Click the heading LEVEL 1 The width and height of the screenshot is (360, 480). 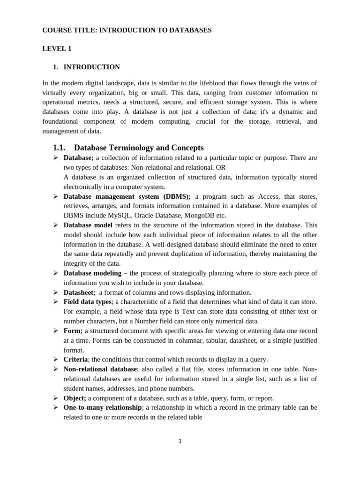pyautogui.click(x=57, y=48)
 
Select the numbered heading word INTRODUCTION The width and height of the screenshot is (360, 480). pyautogui.click(x=91, y=67)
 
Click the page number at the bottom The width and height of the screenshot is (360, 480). pyautogui.click(x=180, y=441)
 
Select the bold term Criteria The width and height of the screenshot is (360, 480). pyautogui.click(x=75, y=360)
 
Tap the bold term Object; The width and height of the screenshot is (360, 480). pyautogui.click(x=75, y=398)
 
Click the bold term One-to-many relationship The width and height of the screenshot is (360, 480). pyautogui.click(x=103, y=408)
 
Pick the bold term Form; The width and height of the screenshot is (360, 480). pyautogui.click(x=73, y=330)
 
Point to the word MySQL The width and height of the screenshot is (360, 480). pyautogui.click(x=120, y=215)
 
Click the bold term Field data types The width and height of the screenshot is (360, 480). pyautogui.click(x=88, y=301)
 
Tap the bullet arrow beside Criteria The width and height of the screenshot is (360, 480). pyautogui.click(x=55, y=359)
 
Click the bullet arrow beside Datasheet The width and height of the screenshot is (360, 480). pyautogui.click(x=55, y=292)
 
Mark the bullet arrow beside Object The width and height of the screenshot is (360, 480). pyautogui.click(x=55, y=397)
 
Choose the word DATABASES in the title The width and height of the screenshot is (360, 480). pyautogui.click(x=189, y=30)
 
